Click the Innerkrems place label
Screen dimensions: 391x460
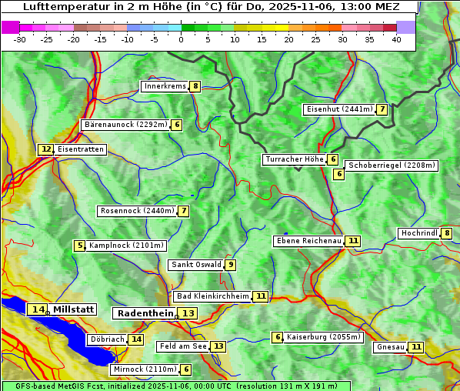click(165, 86)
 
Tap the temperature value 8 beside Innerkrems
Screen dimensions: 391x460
click(195, 86)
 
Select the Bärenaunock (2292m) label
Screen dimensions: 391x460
click(125, 124)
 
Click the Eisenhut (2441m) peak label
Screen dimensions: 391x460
click(338, 109)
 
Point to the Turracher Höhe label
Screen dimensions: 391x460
click(294, 159)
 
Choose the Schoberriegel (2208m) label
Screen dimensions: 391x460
click(392, 165)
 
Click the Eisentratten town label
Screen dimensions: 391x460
click(80, 149)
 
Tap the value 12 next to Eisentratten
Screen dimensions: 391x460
click(46, 149)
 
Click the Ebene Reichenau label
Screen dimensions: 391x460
click(308, 241)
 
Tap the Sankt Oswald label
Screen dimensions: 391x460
click(196, 265)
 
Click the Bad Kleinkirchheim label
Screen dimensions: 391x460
click(213, 296)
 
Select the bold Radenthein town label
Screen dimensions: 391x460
click(145, 313)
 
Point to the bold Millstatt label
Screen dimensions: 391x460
click(73, 309)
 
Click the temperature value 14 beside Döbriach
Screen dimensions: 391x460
click(136, 339)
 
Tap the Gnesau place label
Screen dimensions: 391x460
click(390, 347)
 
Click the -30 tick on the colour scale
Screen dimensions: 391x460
click(20, 38)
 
